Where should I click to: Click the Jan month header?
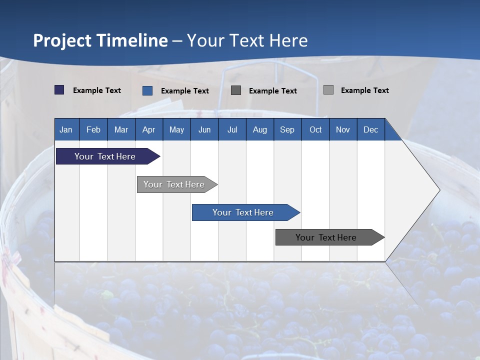[66, 129]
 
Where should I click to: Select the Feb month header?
[93, 129]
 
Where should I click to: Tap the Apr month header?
[148, 129]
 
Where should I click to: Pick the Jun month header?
[204, 129]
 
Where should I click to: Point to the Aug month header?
[259, 129]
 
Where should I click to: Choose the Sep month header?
[287, 129]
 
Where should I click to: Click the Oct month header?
[315, 129]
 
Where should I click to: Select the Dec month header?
[370, 129]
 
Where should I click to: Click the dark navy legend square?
[59, 90]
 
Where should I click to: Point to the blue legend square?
[147, 90]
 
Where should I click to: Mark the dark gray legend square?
[236, 90]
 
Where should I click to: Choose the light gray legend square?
[328, 90]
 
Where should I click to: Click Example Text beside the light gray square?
[364, 90]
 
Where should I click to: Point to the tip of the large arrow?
[438, 190]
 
